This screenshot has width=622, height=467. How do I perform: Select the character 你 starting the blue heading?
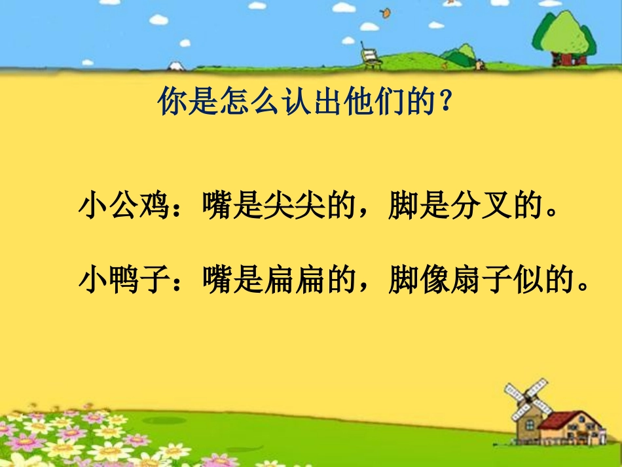tap(172, 102)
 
